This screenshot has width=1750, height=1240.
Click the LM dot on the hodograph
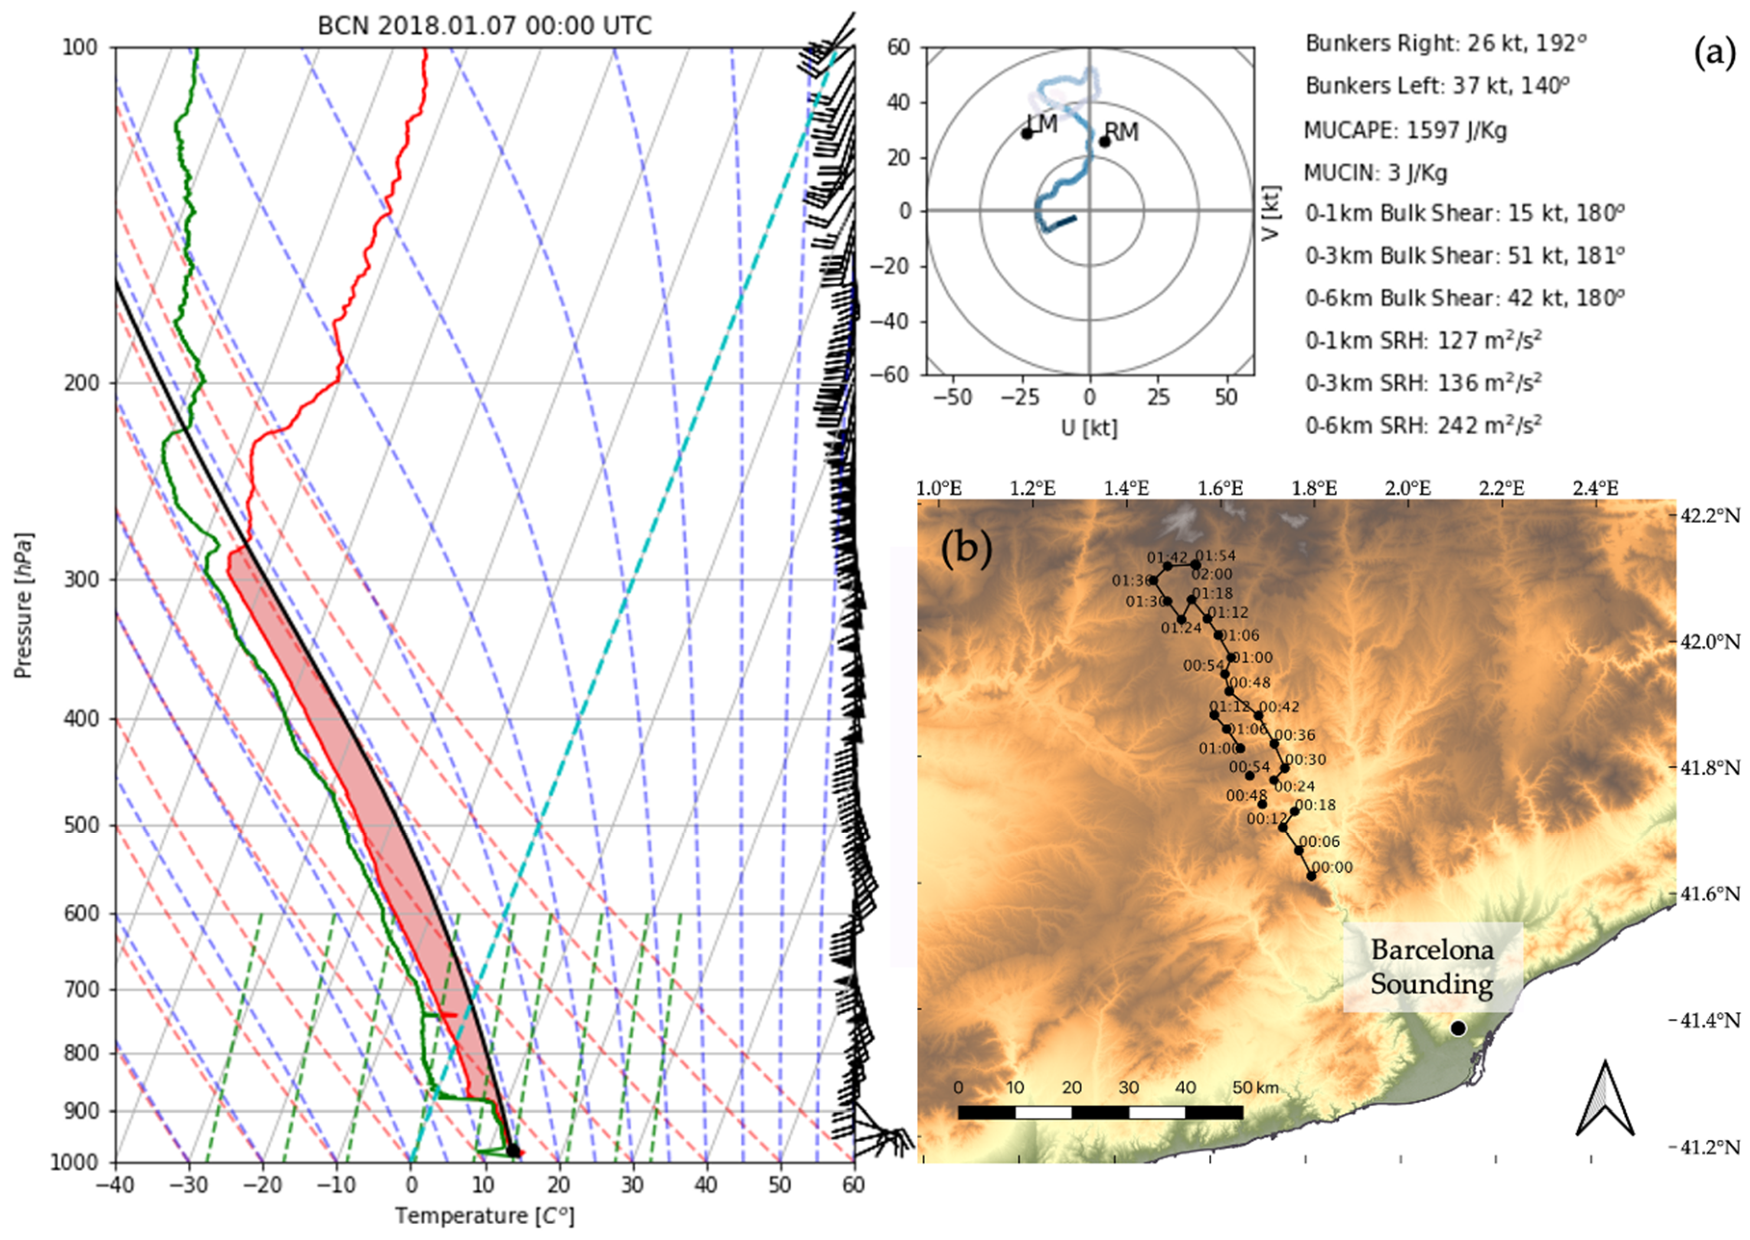[1026, 133]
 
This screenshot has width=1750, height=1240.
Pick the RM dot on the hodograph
[1104, 141]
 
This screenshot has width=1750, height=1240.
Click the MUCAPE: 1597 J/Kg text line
[1405, 131]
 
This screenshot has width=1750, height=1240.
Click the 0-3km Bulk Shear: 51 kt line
[1463, 256]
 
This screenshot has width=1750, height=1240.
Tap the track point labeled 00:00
[1311, 876]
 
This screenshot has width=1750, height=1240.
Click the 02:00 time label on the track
[1211, 574]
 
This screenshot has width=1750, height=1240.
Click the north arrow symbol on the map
[1605, 1099]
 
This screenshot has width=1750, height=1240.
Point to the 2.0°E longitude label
[1408, 487]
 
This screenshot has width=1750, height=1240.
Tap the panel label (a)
[1713, 55]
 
